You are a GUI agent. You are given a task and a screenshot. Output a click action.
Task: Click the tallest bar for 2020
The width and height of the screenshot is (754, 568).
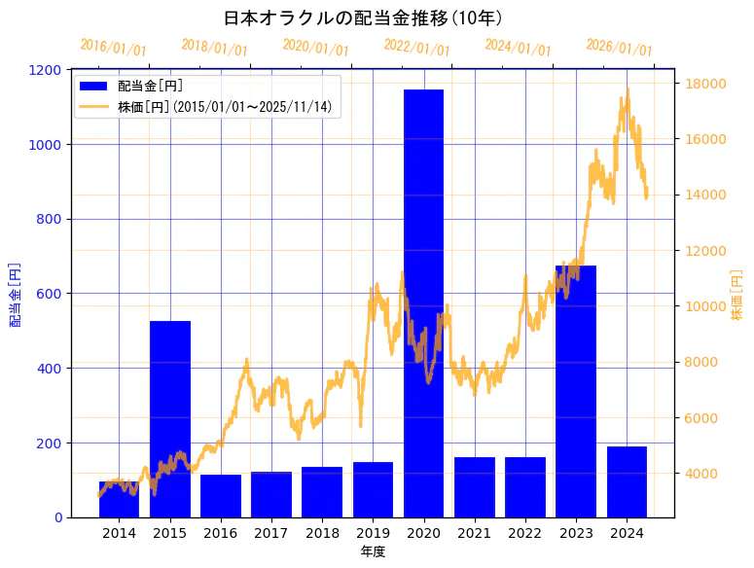click(423, 302)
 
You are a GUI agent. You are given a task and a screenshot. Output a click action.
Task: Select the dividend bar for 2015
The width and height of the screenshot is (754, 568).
click(170, 418)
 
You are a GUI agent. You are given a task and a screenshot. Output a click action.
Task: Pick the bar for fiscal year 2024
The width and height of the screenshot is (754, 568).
click(627, 481)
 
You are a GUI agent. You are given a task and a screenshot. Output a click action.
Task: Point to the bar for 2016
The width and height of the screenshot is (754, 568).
click(221, 496)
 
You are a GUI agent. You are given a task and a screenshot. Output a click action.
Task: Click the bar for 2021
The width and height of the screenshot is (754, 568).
click(475, 486)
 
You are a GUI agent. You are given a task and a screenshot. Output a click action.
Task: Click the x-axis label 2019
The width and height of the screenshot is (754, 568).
click(373, 533)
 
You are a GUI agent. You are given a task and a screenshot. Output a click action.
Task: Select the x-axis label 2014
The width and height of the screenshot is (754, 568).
click(120, 533)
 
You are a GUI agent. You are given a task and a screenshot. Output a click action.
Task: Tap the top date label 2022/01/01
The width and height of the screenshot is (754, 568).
click(416, 47)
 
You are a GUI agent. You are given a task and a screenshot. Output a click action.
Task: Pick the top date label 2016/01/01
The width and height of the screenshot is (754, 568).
click(113, 47)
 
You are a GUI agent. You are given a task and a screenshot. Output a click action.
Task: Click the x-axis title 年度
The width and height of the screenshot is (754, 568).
click(373, 551)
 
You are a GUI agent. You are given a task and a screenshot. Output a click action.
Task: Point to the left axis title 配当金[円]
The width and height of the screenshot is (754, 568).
click(15, 294)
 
